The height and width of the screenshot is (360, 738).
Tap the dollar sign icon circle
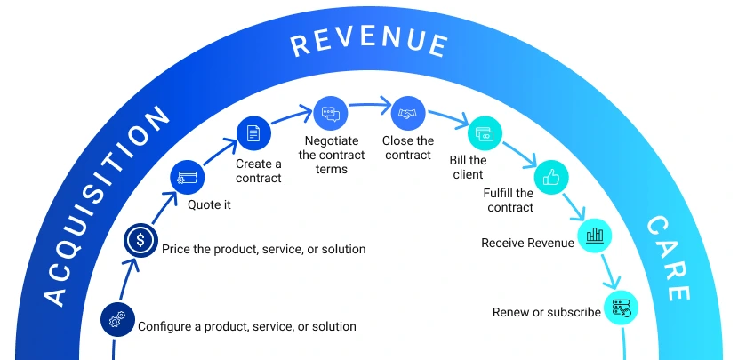pos(140,239)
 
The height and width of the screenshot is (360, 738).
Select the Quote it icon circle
pos(187,178)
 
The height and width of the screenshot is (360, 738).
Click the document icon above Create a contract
pos(253,133)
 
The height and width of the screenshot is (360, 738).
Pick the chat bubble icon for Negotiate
pos(330,113)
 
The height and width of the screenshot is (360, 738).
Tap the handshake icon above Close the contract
pos(407,113)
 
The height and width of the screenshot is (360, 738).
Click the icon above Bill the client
pos(484,133)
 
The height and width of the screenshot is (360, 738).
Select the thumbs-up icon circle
pos(550,177)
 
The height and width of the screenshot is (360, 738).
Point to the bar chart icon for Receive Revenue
pos(595,236)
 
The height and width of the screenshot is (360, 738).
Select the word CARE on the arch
pos(667,258)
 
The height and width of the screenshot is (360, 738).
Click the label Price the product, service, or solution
pos(263,249)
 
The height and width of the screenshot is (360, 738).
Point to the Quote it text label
pos(209,204)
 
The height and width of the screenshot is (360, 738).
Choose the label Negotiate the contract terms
pos(332,155)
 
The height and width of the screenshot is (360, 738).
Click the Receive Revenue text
pos(527,243)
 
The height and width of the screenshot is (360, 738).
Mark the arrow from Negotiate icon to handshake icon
pos(369,106)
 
